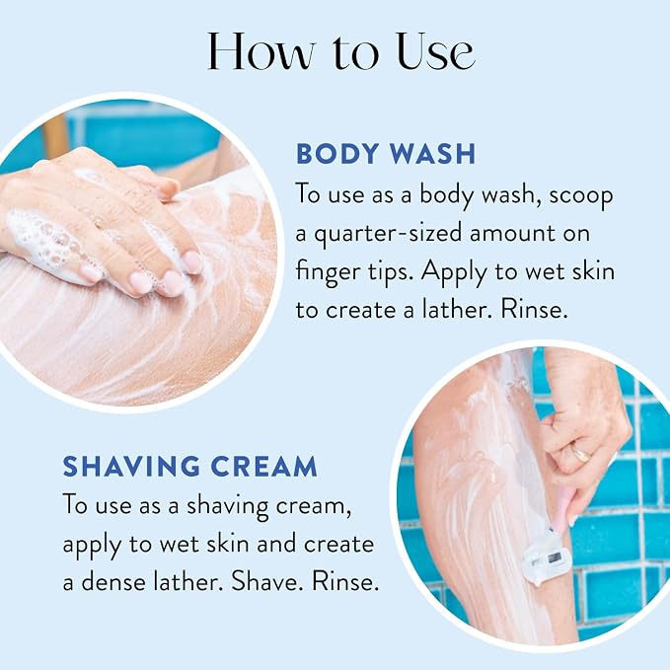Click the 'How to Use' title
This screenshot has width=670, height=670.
point(341,51)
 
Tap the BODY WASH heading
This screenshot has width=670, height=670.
point(386,154)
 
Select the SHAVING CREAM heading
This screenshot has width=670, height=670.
point(190,466)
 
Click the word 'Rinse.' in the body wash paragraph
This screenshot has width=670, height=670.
point(534,309)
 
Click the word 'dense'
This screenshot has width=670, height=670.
point(113,581)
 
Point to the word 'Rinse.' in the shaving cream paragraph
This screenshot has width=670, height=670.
point(345,581)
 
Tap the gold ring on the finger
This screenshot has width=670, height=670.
point(580,454)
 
